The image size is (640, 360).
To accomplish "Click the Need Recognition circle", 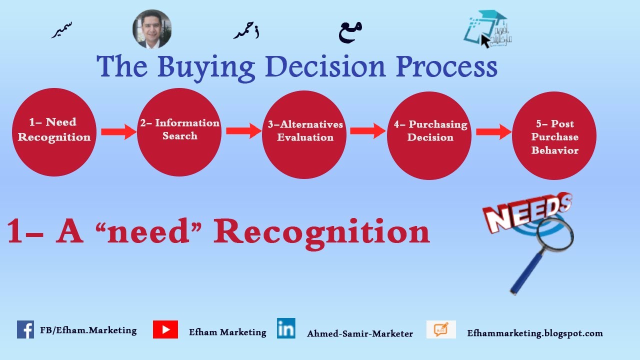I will point(54,132).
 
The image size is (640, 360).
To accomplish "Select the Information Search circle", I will point(179,132).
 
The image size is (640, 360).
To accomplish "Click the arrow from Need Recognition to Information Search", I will point(118,132).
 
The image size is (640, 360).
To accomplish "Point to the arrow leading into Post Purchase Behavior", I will point(493,132).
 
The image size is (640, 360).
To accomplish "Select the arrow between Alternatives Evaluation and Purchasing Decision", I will point(367,131).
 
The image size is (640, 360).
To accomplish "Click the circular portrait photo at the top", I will point(152,29).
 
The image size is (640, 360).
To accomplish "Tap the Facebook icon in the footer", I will point(25,329).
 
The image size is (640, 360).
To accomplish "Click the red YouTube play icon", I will point(165,329).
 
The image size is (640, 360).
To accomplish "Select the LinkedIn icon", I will point(286,328).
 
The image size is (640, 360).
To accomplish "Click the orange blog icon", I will point(441,329).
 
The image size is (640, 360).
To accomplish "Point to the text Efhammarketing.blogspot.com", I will point(535,333).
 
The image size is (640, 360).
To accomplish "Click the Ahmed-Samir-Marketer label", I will point(360,333).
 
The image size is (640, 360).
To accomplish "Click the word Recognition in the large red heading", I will point(321,232).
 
